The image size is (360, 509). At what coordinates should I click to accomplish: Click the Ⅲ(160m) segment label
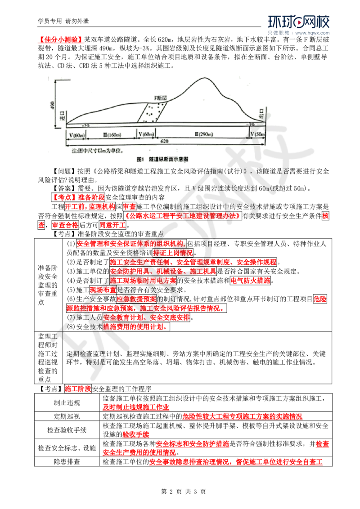tap(110, 134)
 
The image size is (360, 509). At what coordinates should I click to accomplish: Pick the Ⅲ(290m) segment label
tap(202, 134)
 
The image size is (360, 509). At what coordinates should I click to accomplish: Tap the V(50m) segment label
tap(257, 134)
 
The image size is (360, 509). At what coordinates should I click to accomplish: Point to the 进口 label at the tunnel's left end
tap(63, 116)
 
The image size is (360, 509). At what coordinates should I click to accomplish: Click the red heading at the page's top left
tap(60, 40)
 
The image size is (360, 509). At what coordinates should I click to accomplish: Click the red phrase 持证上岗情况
tap(172, 253)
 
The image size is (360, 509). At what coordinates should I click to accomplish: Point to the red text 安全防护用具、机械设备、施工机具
tap(163, 271)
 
